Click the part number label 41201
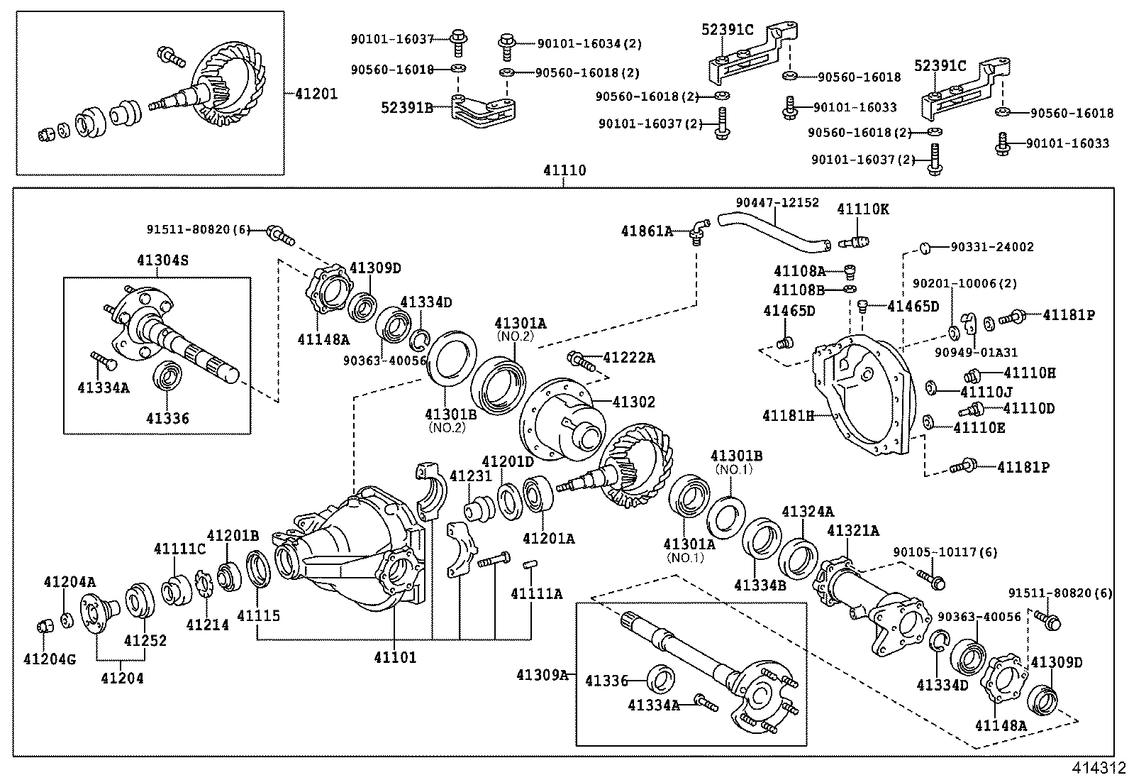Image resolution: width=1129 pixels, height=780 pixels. [312, 93]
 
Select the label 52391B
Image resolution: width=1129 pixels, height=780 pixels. [407, 107]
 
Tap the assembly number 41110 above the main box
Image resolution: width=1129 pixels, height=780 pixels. [564, 170]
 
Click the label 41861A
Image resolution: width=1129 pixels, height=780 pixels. [647, 231]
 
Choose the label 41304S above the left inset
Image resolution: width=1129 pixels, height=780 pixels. [163, 260]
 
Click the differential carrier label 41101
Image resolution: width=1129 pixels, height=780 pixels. [395, 657]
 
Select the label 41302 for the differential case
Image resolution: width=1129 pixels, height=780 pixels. [633, 402]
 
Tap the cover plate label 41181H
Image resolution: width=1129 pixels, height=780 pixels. [788, 415]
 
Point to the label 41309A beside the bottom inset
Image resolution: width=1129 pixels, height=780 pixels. [543, 674]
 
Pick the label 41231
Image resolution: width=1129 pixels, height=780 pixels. [465, 476]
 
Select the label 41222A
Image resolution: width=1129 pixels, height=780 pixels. [628, 358]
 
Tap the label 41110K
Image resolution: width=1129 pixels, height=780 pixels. [862, 209]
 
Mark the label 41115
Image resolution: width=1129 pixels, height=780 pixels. [258, 616]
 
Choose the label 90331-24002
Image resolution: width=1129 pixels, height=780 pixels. [991, 247]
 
